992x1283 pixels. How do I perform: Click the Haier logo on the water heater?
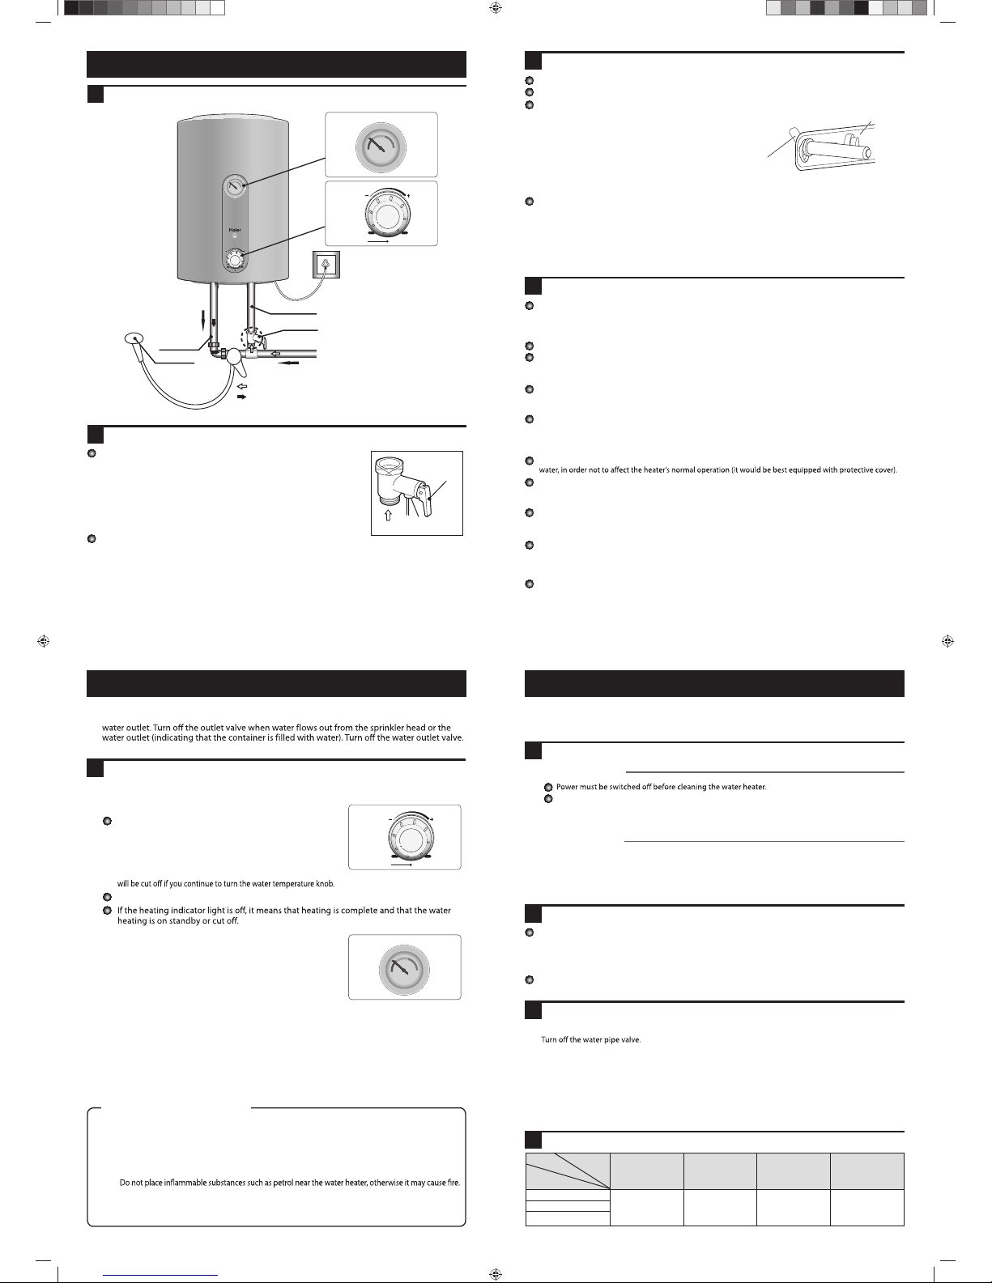(235, 230)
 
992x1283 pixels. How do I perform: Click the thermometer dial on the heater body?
(234, 188)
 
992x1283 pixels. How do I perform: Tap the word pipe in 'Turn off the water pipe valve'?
(607, 1040)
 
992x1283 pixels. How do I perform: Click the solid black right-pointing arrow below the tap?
(241, 398)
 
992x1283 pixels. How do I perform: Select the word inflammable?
(176, 1183)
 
